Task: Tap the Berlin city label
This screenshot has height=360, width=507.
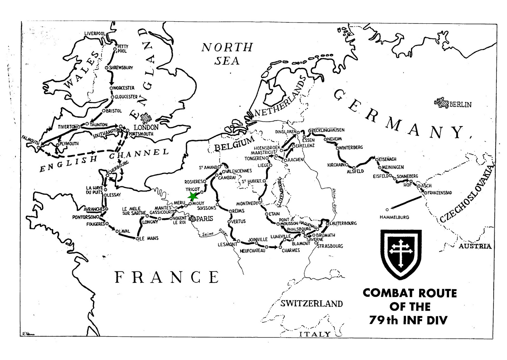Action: pyautogui.click(x=460, y=104)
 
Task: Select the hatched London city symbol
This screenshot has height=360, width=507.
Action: pyautogui.click(x=146, y=118)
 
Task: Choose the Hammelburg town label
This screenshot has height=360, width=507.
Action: pyautogui.click(x=394, y=217)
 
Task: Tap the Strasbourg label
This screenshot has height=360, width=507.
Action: pyautogui.click(x=330, y=246)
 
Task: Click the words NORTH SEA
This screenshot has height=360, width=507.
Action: pyautogui.click(x=227, y=54)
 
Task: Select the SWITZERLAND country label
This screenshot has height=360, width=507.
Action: pyautogui.click(x=311, y=304)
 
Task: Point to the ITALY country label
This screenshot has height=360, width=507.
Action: pyautogui.click(x=315, y=334)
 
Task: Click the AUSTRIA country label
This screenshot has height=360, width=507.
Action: pyautogui.click(x=475, y=246)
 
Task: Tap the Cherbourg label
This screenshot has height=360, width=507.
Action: pyautogui.click(x=118, y=167)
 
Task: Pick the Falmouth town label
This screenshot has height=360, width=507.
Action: pyautogui.click(x=30, y=139)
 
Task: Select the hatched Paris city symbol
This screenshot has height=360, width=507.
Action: pyautogui.click(x=192, y=218)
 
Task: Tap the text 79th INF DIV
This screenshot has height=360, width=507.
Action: pyautogui.click(x=408, y=320)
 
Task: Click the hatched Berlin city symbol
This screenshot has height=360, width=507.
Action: pyautogui.click(x=442, y=102)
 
